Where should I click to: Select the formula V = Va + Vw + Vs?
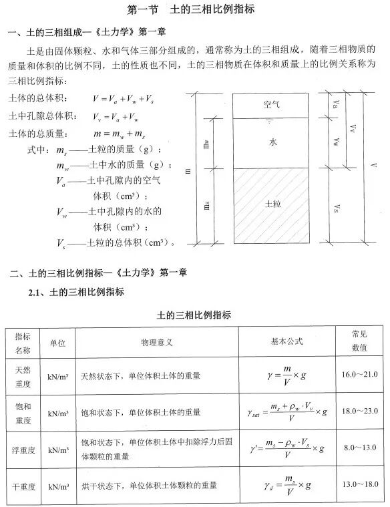click(124, 99)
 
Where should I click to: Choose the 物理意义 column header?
click(157, 342)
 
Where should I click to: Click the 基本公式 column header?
click(286, 341)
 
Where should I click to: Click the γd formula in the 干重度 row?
click(286, 484)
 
